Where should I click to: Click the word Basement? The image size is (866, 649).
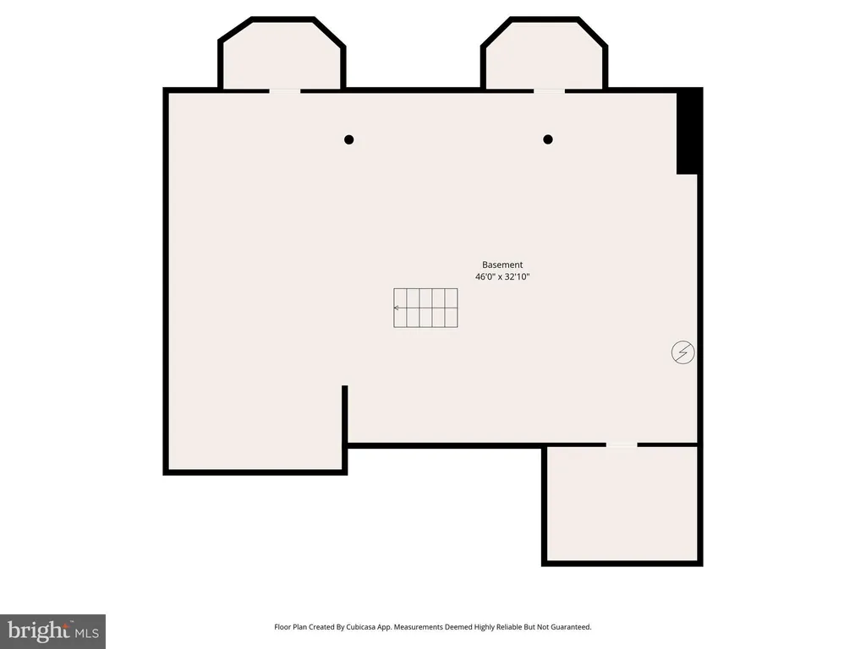tap(502, 265)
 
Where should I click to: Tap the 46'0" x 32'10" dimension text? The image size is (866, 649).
tap(502, 276)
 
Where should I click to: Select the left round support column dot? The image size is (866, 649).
tap(348, 139)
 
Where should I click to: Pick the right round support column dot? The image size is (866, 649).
tap(548, 139)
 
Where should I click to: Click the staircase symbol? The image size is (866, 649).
tap(425, 308)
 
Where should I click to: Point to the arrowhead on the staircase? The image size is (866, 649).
tap(396, 308)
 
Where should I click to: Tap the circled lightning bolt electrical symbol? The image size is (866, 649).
tap(682, 352)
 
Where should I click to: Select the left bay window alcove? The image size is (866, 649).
tap(282, 55)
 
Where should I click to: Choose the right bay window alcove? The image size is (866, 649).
tap(545, 55)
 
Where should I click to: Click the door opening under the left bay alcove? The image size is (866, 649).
tap(285, 90)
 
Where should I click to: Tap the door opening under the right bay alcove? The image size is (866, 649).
tap(549, 90)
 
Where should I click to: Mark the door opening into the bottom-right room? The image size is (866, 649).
tap(622, 444)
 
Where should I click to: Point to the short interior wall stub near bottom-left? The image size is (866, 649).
tap(345, 414)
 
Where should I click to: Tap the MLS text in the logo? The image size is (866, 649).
tap(87, 633)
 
